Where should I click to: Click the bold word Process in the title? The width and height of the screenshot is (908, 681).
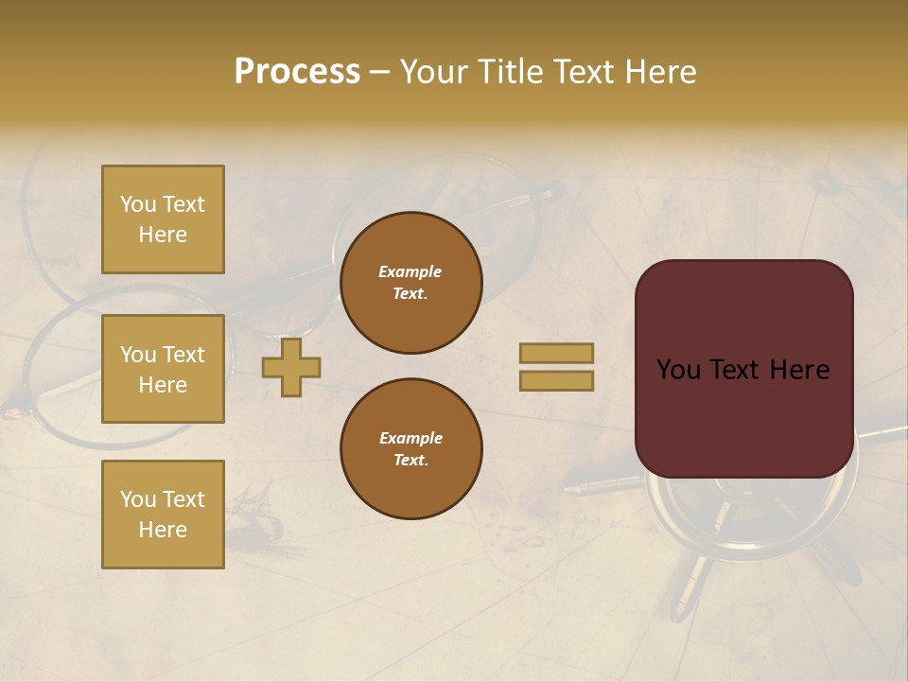click(297, 72)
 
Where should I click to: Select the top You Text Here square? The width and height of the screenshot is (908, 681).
click(163, 219)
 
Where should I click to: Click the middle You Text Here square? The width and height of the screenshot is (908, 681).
click(163, 369)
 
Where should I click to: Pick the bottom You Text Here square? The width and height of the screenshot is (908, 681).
click(163, 515)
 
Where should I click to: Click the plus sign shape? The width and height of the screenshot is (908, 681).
click(291, 368)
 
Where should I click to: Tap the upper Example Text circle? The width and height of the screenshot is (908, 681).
click(410, 283)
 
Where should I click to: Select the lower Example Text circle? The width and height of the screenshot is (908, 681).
click(410, 449)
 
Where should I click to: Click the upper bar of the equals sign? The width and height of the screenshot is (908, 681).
click(557, 354)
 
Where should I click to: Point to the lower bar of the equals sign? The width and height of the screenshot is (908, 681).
click(557, 381)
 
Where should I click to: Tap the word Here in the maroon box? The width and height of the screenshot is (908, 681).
click(799, 370)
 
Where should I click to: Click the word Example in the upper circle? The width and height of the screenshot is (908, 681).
click(410, 271)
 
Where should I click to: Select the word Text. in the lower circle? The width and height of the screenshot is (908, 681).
click(410, 461)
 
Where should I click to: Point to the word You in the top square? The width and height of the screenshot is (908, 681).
click(138, 204)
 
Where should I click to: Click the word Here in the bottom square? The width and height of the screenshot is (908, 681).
click(163, 530)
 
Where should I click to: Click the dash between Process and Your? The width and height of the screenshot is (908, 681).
click(379, 72)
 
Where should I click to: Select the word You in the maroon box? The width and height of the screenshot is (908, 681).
click(678, 370)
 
